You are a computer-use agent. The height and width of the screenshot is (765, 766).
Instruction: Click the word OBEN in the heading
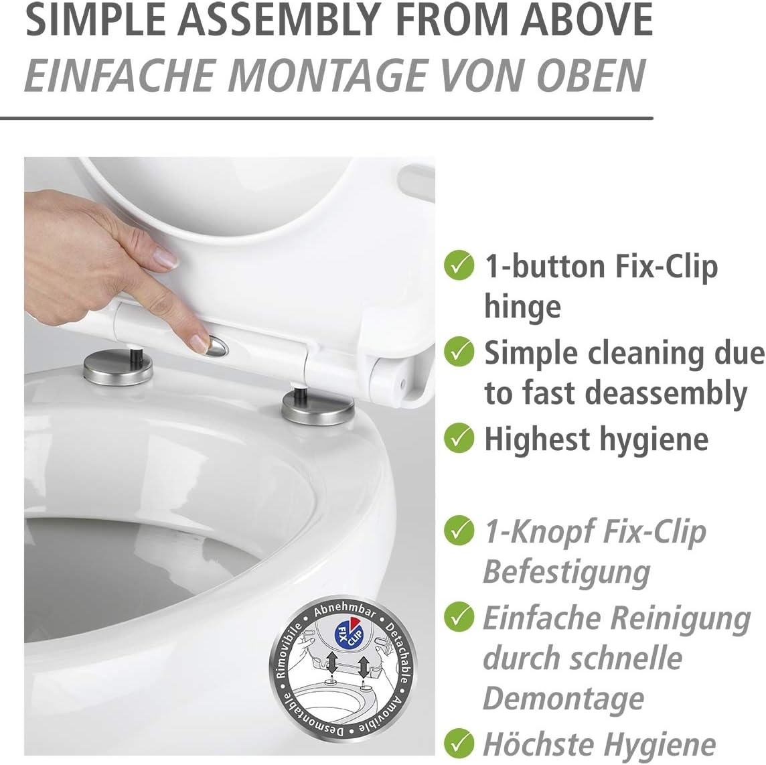pos(592,75)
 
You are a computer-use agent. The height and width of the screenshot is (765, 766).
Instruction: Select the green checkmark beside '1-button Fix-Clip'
pos(459,265)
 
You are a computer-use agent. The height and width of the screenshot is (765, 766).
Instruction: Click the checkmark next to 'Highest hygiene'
pos(459,438)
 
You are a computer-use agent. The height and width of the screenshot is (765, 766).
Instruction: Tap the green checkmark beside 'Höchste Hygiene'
pos(459,742)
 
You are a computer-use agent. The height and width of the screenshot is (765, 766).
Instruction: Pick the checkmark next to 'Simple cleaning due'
pos(459,352)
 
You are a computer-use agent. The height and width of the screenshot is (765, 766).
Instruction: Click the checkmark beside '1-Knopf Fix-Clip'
pos(459,531)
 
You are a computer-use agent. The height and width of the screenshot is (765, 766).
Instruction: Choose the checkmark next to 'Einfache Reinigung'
pos(459,617)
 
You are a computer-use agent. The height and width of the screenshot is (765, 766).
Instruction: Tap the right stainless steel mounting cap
pos(317,409)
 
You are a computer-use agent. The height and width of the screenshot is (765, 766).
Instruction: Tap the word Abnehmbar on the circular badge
pos(344,610)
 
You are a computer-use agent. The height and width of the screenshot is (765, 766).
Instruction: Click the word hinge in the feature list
pos(523,307)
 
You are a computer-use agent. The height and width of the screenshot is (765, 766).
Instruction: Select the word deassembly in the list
pos(666,393)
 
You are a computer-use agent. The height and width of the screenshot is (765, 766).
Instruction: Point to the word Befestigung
pos(566,572)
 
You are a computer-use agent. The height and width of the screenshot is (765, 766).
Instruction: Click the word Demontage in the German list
pos(564,698)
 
